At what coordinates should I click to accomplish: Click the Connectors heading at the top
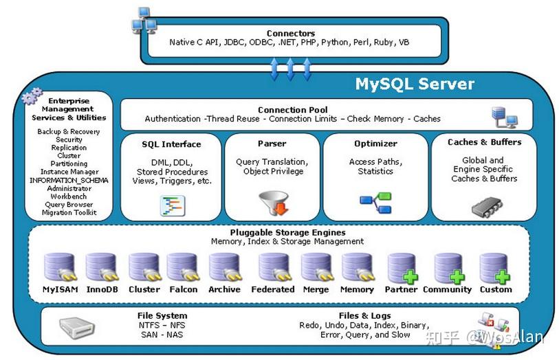[291, 34]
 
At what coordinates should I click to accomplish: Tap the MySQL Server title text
[415, 84]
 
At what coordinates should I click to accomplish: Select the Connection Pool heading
[293, 110]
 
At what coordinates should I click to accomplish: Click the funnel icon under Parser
[274, 203]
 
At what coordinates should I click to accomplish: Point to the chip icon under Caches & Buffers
[487, 207]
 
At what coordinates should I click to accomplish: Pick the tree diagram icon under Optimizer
[375, 202]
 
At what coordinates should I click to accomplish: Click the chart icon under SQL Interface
[173, 206]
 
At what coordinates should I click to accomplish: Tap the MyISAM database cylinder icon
[61, 267]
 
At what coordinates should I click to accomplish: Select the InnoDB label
[102, 289]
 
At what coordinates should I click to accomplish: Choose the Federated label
[273, 289]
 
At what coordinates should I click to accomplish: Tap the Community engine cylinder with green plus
[448, 268]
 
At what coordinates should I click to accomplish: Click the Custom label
[496, 289]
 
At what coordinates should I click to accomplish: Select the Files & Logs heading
[364, 316]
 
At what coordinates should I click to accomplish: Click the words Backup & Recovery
[69, 131]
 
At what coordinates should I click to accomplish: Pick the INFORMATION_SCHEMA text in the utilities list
[69, 180]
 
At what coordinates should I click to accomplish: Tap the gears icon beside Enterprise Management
[32, 95]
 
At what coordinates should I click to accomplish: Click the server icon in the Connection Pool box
[505, 117]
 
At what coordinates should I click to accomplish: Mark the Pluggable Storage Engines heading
[287, 232]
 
